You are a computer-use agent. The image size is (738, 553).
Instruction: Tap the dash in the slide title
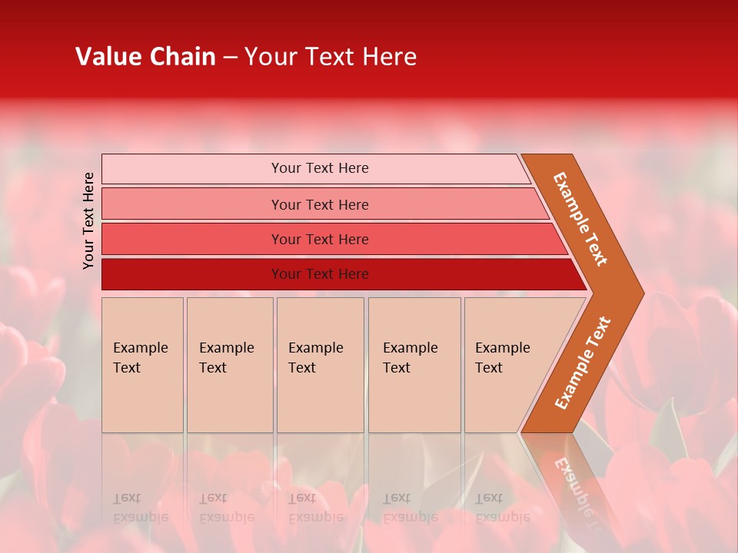[x=230, y=58]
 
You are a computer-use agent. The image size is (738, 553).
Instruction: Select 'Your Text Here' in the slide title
[x=331, y=57]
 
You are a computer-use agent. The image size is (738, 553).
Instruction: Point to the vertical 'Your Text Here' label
[x=88, y=220]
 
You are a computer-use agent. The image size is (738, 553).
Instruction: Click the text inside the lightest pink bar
[x=320, y=168]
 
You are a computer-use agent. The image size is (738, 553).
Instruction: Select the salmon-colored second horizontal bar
[x=320, y=204]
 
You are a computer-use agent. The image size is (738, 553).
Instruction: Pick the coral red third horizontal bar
[x=320, y=239]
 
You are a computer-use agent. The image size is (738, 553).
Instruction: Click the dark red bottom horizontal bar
[x=320, y=274]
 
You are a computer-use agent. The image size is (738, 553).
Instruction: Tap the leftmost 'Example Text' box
[x=142, y=365]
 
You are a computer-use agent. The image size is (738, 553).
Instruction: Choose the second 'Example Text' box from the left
[x=230, y=365]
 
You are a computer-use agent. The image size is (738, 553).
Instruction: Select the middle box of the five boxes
[x=320, y=365]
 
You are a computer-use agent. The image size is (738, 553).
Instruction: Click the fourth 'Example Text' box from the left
[x=414, y=365]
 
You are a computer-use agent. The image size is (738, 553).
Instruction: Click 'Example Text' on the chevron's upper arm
[x=580, y=219]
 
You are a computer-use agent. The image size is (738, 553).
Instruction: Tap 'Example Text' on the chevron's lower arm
[x=583, y=363]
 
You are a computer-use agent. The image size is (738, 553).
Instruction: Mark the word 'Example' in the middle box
[x=315, y=348]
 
